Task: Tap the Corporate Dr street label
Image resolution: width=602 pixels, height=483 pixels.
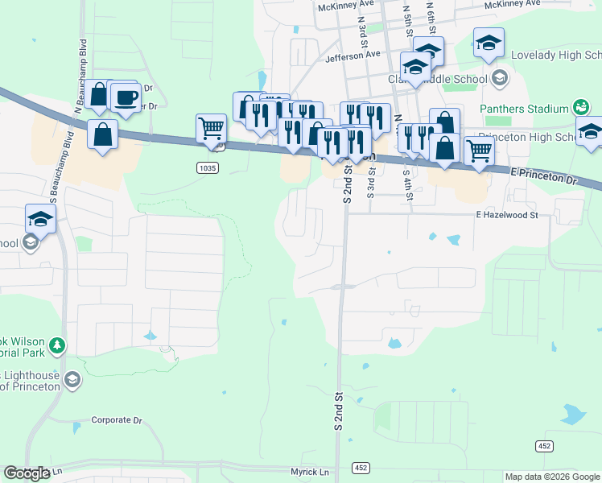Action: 116,420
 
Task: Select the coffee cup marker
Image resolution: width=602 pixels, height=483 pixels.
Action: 125,98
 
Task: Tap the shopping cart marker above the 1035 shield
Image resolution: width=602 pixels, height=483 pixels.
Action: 211,128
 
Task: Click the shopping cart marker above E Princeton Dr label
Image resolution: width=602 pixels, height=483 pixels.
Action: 479,151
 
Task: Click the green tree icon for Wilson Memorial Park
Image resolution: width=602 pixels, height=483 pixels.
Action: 57,346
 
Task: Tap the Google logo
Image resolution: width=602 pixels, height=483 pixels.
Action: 27,473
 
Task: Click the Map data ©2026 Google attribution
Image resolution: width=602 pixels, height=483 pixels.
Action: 552,477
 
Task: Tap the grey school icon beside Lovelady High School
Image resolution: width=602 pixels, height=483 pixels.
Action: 500,78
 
